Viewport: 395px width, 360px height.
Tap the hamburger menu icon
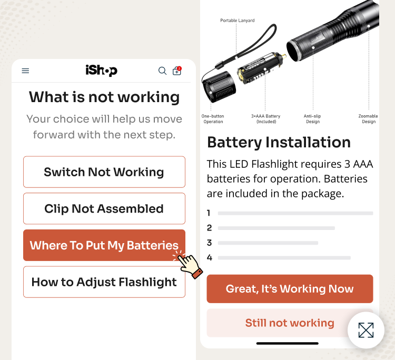point(25,71)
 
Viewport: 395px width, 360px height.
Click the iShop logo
point(101,71)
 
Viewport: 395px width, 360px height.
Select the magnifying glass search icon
point(162,71)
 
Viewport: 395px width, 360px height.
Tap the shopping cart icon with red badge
point(177,71)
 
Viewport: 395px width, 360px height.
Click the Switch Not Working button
point(104,172)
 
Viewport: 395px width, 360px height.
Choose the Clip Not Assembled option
point(104,208)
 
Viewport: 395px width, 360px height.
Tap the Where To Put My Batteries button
point(104,245)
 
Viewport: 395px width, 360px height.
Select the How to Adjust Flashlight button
point(104,282)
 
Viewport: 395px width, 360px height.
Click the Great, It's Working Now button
point(290,289)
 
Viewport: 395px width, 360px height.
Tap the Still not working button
point(290,323)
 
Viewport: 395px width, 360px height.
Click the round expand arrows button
point(366,330)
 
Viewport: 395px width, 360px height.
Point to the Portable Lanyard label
point(238,21)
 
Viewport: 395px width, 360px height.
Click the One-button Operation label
point(213,119)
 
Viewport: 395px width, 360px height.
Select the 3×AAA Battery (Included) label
point(266,119)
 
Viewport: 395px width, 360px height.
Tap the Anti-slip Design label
point(312,119)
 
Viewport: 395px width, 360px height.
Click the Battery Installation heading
point(279,142)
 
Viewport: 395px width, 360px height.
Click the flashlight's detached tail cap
point(219,87)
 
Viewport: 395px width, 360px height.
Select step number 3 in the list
point(209,243)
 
